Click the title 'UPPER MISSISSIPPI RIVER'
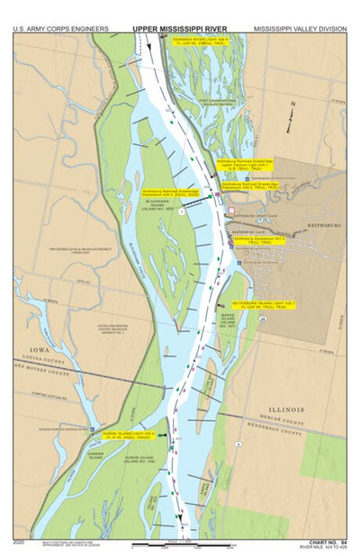pyautogui.click(x=180, y=29)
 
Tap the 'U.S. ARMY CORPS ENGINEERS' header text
pyautogui.click(x=57, y=29)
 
